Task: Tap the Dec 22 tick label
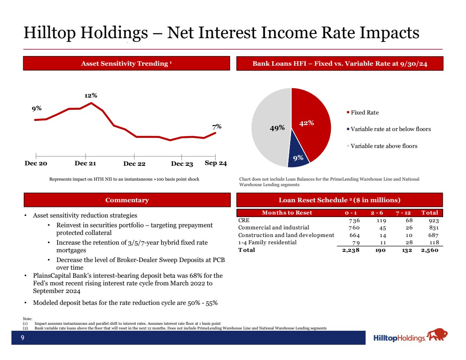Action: tap(134, 164)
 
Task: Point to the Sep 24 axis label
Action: tap(216, 163)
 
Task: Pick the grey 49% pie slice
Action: tap(271, 127)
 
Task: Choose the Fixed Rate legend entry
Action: tap(365, 112)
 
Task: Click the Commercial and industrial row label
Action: tap(274, 228)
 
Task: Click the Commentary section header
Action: tap(127, 200)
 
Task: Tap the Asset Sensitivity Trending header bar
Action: tap(127, 64)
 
